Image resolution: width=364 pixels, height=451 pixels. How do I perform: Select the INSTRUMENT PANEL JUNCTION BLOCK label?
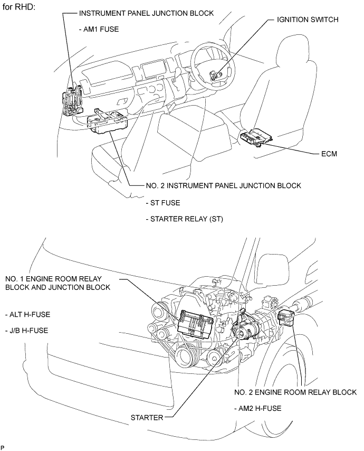(146, 13)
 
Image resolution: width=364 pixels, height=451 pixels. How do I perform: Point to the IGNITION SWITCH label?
(307, 20)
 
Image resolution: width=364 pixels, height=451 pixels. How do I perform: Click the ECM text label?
(329, 154)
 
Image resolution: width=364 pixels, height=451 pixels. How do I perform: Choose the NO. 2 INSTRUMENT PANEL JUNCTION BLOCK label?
(223, 185)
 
